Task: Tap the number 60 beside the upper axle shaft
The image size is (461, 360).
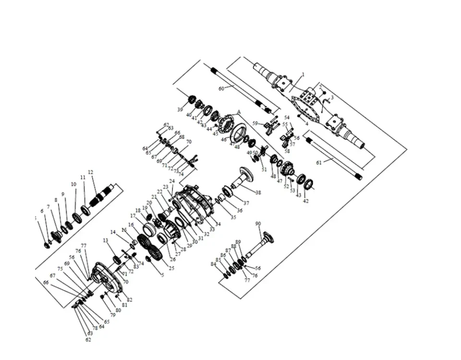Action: click(221, 89)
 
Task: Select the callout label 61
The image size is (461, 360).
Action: click(319, 163)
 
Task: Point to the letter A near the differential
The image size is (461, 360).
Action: click(238, 111)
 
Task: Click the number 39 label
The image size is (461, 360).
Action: click(180, 110)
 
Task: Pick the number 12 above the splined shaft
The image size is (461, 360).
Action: click(90, 172)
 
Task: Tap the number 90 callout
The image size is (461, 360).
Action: click(258, 224)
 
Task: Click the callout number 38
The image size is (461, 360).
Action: click(258, 193)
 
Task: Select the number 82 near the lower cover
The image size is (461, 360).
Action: click(130, 300)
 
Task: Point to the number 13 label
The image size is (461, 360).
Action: click(105, 240)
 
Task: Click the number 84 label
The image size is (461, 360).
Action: click(213, 264)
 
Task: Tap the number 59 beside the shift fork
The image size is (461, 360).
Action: click(255, 123)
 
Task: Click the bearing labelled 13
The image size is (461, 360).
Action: click(117, 260)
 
